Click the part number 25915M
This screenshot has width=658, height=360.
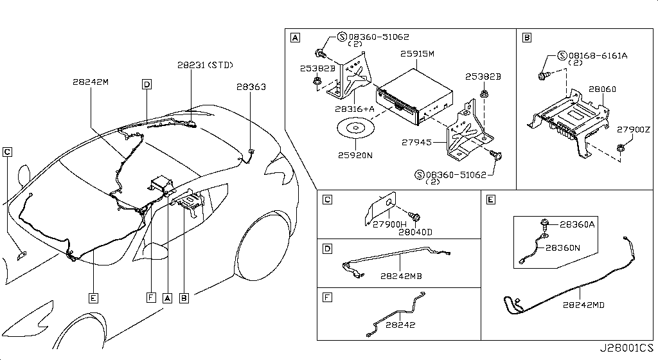coord(417,54)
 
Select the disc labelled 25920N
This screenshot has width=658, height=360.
coord(355,129)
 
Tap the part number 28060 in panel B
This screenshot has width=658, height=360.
coord(602,89)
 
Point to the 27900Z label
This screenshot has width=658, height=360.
coord(633,130)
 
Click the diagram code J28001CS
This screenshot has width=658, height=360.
coord(626,348)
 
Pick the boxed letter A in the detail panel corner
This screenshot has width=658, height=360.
coord(296,38)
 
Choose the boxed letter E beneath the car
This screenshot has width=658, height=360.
coord(93,298)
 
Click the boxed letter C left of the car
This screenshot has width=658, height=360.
coord(7,152)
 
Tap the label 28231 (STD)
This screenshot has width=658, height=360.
coord(205,65)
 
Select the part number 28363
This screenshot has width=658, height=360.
coord(251,87)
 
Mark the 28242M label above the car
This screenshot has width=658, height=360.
coord(91,82)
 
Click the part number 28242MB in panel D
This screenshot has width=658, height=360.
coord(401,276)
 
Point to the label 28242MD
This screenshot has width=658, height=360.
coord(583,305)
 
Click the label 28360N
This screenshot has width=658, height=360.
coord(563,248)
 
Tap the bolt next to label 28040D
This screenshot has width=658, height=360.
coord(414,217)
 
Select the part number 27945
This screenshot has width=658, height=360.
coord(416,142)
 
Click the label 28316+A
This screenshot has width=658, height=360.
coord(355,109)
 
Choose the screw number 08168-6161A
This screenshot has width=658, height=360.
coord(598,55)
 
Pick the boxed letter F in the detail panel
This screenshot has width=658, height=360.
coord(327,298)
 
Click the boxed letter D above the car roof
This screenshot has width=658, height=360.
coord(147,84)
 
